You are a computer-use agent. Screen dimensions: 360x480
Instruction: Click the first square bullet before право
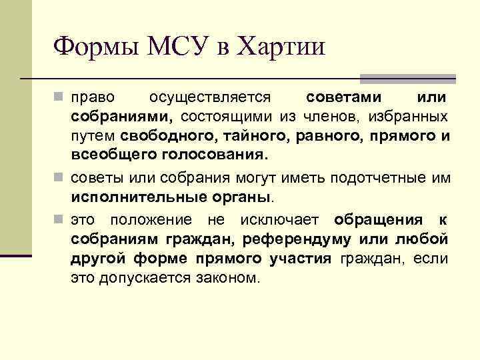click(x=61, y=97)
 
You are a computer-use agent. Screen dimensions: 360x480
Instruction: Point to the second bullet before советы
click(x=61, y=179)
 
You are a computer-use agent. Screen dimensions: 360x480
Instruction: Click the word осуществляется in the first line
click(x=209, y=97)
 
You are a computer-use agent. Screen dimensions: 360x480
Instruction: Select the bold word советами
click(x=344, y=97)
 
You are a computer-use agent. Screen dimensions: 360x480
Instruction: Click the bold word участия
click(x=299, y=259)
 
